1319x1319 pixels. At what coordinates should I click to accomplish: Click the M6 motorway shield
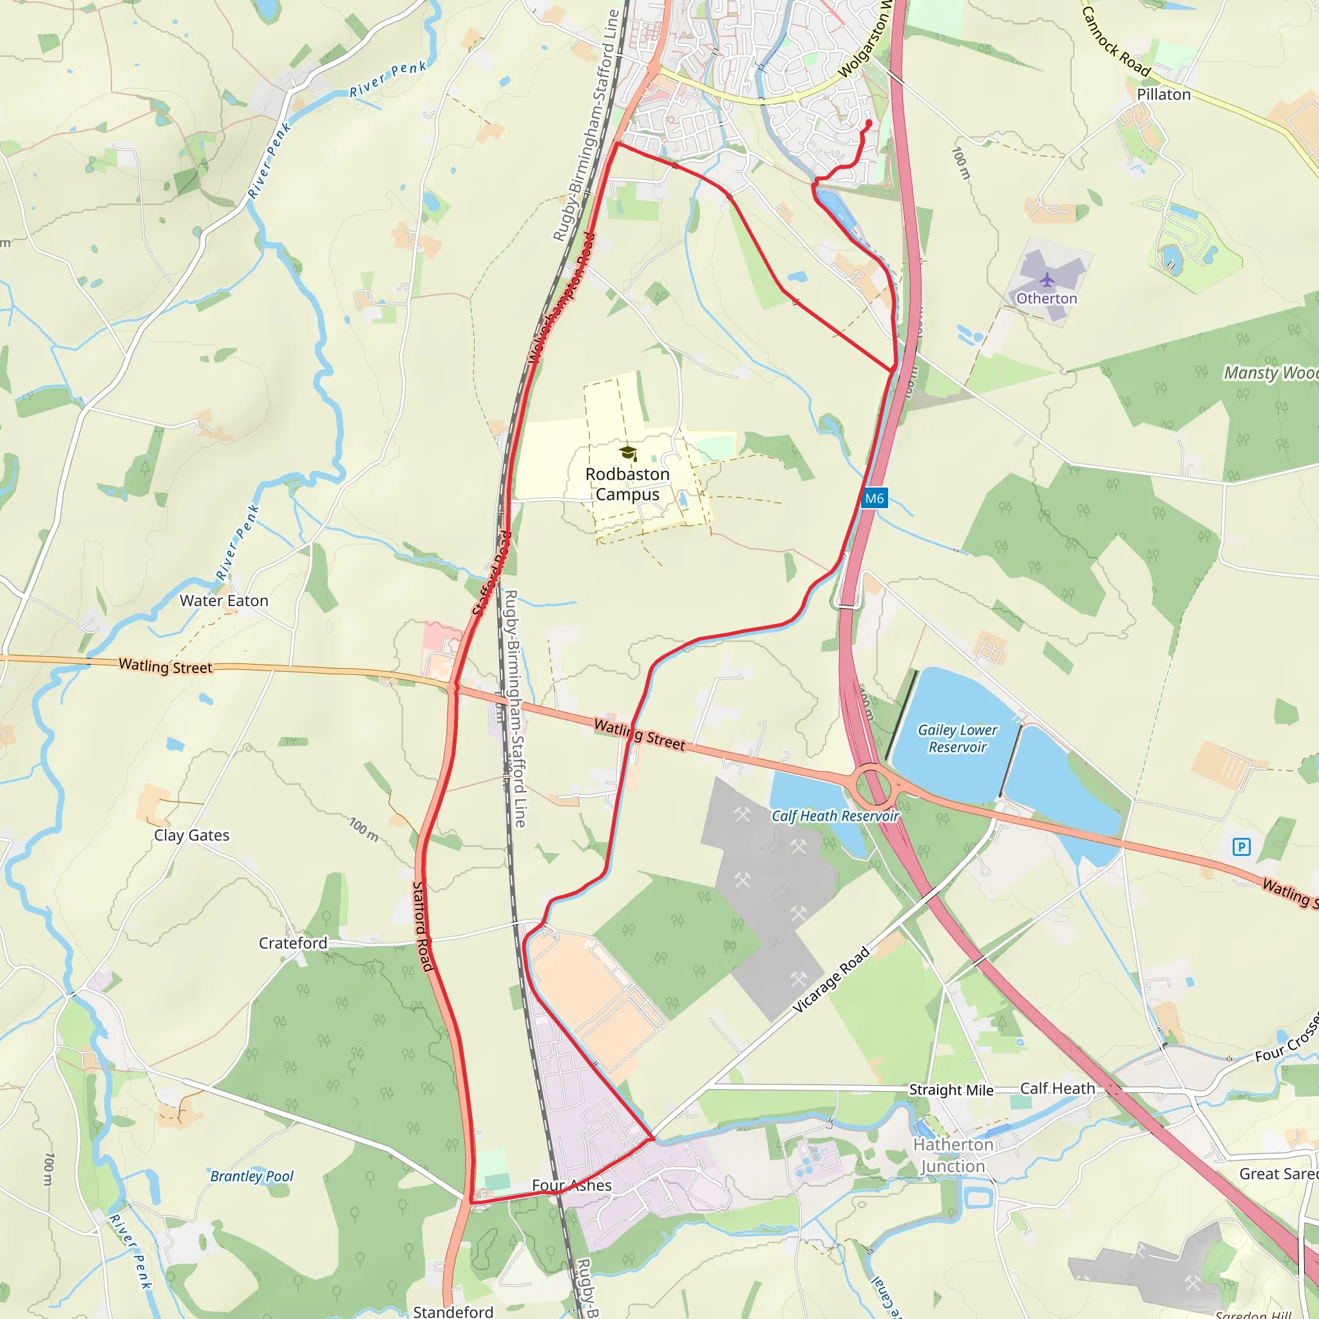click(x=874, y=498)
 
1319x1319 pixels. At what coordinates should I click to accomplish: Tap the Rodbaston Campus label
click(x=627, y=484)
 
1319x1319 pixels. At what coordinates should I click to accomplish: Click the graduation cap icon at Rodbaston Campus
click(x=628, y=453)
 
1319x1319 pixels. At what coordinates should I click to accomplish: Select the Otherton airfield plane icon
click(x=1047, y=280)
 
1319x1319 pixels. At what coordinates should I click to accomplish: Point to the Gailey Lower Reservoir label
click(x=957, y=739)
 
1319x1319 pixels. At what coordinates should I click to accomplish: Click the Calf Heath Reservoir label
click(x=835, y=816)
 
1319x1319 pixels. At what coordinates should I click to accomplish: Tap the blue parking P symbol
click(x=1241, y=848)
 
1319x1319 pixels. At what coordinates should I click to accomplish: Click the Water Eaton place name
click(x=224, y=601)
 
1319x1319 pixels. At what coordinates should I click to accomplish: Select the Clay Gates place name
click(x=192, y=835)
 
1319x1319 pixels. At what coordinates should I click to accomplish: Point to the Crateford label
click(x=293, y=943)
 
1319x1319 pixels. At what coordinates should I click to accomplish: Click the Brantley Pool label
click(x=251, y=1175)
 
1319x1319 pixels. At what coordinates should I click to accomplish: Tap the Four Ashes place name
click(x=571, y=1185)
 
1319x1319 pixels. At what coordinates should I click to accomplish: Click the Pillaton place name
click(x=1163, y=94)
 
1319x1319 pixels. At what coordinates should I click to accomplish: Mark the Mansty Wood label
click(x=1270, y=373)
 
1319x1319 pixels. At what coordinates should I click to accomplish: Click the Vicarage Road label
click(x=831, y=980)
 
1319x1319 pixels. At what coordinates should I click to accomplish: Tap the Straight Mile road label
click(x=951, y=1090)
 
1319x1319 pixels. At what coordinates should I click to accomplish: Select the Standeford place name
click(x=453, y=1311)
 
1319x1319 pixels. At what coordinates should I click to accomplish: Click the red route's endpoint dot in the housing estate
click(x=868, y=124)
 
